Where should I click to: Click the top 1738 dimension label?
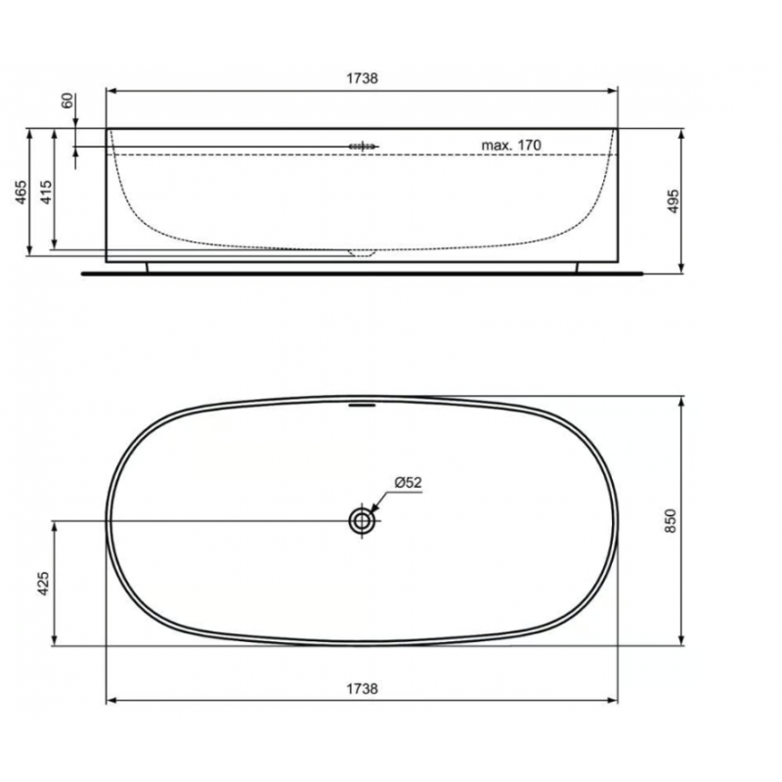pos(362,78)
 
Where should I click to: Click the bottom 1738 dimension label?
pos(362,689)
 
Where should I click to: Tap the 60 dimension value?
pos(66,101)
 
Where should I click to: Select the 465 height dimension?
pos(21,192)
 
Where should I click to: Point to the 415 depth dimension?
pos(45,192)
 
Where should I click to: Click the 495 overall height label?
pos(673,201)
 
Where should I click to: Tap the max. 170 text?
pos(510,145)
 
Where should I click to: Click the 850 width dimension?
pos(671,521)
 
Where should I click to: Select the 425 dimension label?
pos(43,583)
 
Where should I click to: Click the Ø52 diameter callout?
pos(408,482)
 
